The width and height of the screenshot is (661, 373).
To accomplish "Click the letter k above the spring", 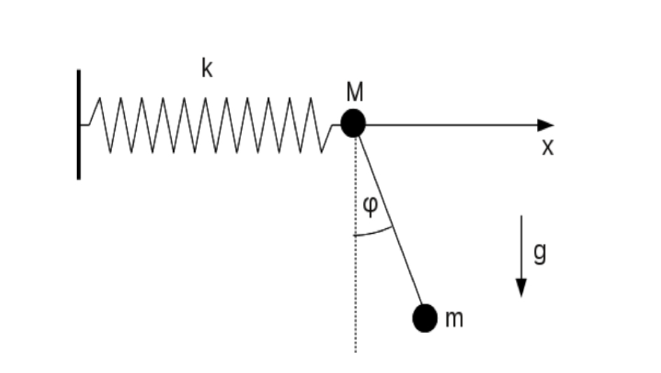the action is coord(207,68).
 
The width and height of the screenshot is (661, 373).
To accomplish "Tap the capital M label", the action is coord(355,92).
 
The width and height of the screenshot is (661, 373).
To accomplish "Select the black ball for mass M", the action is coord(353,123).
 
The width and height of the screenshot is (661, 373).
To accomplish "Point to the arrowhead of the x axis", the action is coord(546,125).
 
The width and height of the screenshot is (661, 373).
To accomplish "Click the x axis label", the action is coord(547,148).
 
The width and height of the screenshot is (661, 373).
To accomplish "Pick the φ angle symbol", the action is coord(371,206).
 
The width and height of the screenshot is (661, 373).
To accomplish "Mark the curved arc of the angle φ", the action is coord(374,232).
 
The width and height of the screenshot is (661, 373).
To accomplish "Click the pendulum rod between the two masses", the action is coord(390,220).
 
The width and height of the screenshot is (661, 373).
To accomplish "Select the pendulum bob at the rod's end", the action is coord(425,318).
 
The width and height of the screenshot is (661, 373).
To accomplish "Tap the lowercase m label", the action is coord(454,318).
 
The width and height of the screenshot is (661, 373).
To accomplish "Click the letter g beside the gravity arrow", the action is coord(540,253).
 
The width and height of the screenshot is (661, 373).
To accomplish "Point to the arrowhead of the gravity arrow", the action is coord(522,288).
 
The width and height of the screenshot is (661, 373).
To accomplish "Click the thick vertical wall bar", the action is coord(79,125).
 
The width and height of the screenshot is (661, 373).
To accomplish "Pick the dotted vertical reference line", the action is coord(356,244).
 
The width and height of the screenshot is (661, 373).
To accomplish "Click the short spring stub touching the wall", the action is coord(85,125).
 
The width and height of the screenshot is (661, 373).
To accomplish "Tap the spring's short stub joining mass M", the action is coord(336,125).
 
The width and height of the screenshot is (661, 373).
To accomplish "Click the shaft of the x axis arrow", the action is coord(451,125).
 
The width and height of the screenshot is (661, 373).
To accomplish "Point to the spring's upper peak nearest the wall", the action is coord(100,98).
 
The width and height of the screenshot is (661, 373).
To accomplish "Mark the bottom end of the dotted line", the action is coord(356,352).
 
